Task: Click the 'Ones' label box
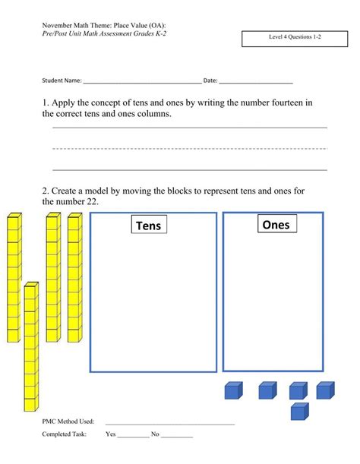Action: [275, 224]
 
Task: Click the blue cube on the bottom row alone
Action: [301, 411]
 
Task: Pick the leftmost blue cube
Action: [233, 390]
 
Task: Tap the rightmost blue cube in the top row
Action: [324, 390]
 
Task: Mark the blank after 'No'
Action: [177, 437]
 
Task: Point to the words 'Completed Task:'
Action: [65, 434]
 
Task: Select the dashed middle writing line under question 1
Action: [190, 148]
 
